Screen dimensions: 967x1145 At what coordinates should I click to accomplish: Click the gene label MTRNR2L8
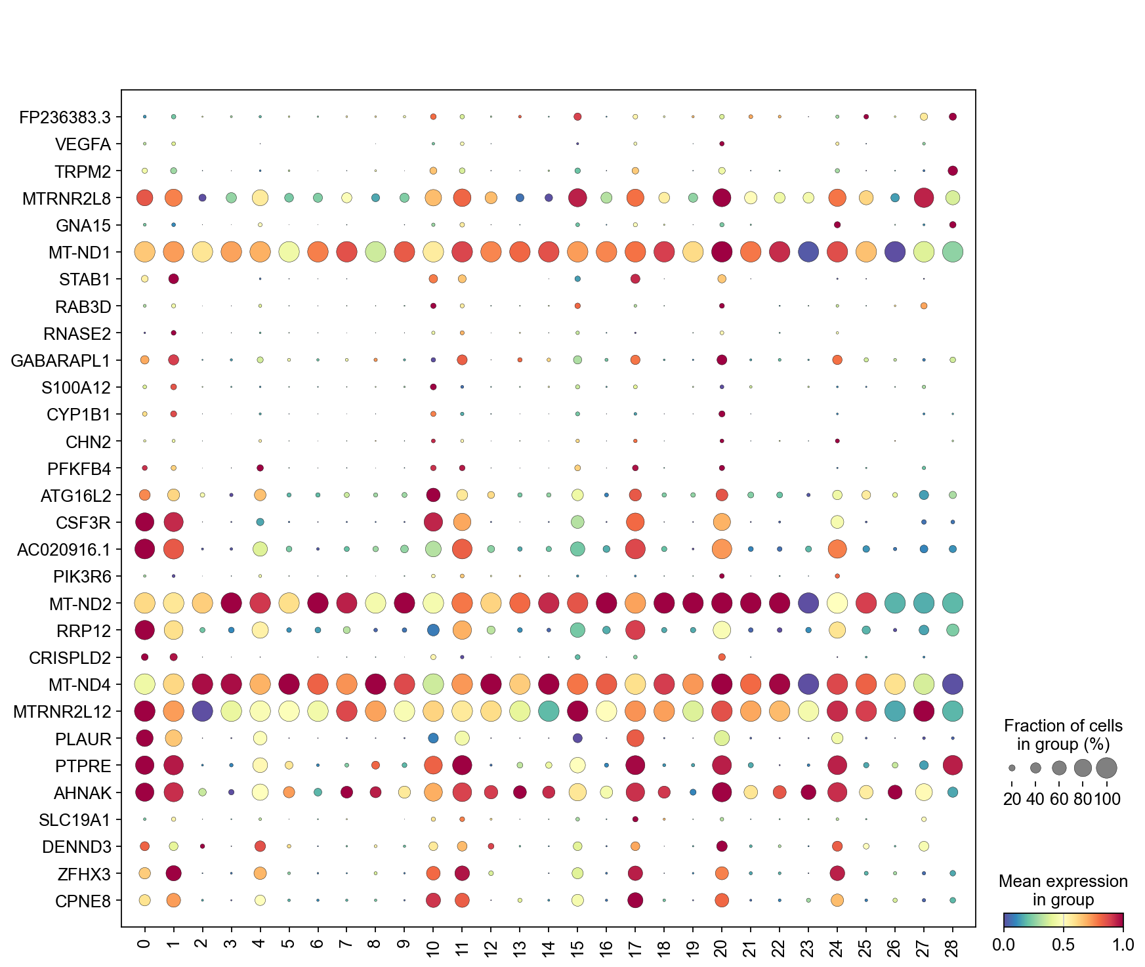[66, 198]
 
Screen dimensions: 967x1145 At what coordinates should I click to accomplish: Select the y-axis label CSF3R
[83, 523]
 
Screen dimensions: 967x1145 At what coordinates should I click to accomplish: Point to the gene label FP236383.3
[65, 117]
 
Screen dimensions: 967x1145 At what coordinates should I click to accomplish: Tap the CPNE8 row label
[83, 901]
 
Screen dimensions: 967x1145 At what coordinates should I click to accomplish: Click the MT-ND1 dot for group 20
[722, 252]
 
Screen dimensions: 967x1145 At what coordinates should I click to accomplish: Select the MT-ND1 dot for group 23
[808, 252]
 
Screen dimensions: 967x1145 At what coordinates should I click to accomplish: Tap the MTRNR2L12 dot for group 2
[202, 711]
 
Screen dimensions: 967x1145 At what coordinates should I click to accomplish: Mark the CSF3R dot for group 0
[144, 522]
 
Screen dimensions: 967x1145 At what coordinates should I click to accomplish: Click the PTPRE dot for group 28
[953, 765]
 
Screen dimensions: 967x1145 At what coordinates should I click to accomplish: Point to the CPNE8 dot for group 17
[635, 900]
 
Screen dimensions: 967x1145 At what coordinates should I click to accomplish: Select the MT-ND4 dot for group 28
[953, 684]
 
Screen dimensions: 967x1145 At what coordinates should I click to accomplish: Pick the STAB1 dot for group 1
[173, 279]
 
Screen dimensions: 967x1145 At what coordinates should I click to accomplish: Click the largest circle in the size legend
[1106, 767]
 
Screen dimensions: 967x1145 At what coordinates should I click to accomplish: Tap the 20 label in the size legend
[1012, 799]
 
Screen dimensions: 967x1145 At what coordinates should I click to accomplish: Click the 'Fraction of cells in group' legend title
[1063, 735]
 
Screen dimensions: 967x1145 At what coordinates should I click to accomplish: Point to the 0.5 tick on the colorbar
[1063, 945]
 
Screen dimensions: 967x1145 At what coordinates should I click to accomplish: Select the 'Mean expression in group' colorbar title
[1063, 890]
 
